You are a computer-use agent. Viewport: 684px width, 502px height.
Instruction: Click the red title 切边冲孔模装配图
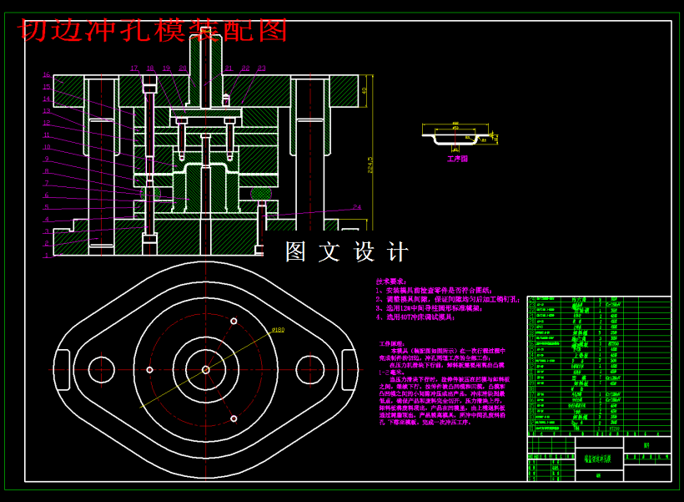[153, 30]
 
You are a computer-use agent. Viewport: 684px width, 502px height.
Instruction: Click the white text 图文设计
[346, 251]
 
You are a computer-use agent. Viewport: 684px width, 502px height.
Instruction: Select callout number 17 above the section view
[134, 68]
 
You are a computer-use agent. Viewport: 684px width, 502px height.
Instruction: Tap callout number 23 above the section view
[261, 68]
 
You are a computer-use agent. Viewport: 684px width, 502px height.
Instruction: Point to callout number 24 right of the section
[357, 207]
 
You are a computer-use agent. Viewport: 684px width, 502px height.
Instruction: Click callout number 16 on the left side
[47, 75]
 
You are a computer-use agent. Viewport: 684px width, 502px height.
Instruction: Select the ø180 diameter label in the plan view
[278, 330]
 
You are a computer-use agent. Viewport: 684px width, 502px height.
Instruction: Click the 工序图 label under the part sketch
[458, 158]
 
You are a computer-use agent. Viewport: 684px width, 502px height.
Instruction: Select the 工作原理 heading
[390, 343]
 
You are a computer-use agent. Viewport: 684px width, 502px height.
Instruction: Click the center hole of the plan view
[205, 369]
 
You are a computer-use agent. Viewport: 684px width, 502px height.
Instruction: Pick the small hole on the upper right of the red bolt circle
[234, 321]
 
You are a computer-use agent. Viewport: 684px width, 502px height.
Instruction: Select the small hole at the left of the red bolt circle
[149, 369]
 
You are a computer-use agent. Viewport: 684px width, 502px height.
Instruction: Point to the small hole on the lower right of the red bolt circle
[234, 418]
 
